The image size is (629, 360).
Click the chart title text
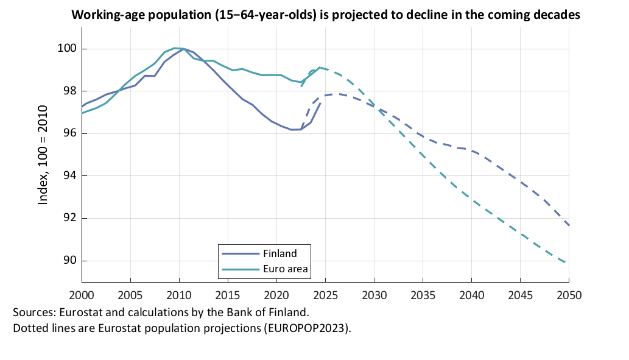[325, 15]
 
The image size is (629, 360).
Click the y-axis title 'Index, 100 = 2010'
[43, 155]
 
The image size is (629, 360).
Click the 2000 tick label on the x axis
[82, 295]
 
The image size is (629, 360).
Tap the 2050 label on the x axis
[569, 295]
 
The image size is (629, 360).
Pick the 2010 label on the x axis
[179, 295]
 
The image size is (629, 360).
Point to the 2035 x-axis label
[423, 295]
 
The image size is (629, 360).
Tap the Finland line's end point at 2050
[569, 225]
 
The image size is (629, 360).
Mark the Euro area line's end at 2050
[569, 263]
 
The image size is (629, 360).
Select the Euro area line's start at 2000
[82, 113]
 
